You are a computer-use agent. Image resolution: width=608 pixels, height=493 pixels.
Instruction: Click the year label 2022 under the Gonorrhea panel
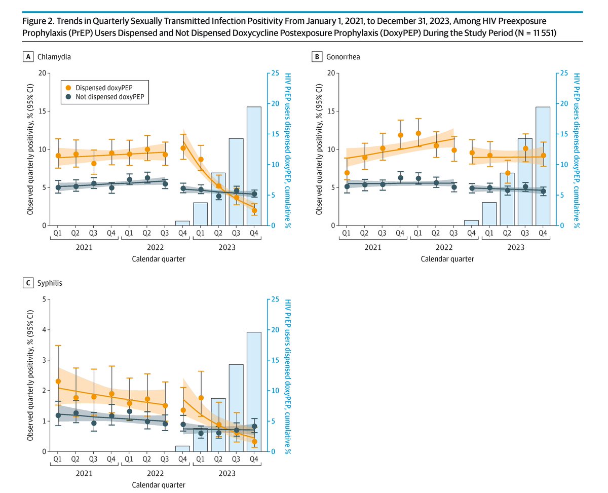444,248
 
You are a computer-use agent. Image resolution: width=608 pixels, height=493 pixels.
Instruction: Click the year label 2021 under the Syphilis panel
85,474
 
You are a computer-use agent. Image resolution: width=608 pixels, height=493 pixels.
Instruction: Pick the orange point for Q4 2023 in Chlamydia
254,210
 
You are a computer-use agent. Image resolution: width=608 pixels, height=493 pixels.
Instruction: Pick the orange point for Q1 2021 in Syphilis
58,381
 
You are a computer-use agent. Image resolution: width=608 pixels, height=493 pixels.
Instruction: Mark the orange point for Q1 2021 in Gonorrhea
347,173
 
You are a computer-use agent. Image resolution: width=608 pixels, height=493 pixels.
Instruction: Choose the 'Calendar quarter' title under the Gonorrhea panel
447,259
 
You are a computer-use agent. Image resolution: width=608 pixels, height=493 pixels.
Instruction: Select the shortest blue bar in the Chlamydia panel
182,223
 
